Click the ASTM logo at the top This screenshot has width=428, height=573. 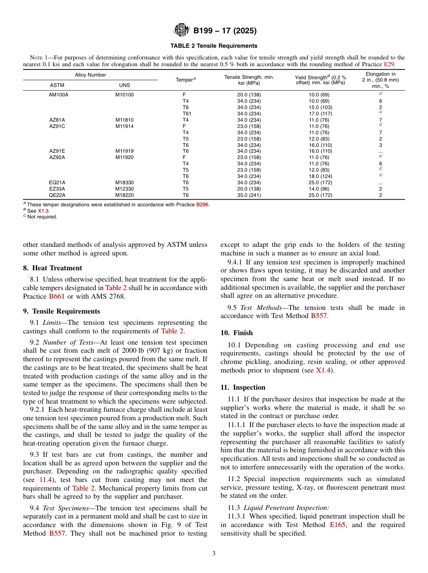coord(182,31)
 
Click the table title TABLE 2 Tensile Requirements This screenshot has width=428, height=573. coord(214,46)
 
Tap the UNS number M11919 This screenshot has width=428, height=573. coord(124,151)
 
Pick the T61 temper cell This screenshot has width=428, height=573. coord(187,114)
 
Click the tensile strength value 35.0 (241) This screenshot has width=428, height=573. coord(249,196)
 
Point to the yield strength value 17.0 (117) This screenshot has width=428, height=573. coord(320,114)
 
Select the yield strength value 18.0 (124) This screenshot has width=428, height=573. coord(320,177)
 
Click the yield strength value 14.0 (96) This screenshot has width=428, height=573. coord(320,189)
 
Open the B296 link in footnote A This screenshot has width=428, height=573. coord(202,205)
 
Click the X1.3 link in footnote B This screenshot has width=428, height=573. coord(44,211)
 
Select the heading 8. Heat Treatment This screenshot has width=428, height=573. coord(52,268)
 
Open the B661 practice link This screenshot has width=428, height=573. coord(54,296)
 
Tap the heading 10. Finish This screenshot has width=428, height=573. coord(237,333)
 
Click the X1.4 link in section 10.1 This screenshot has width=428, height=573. coord(323,371)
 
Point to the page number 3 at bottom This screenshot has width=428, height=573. coord(214,554)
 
